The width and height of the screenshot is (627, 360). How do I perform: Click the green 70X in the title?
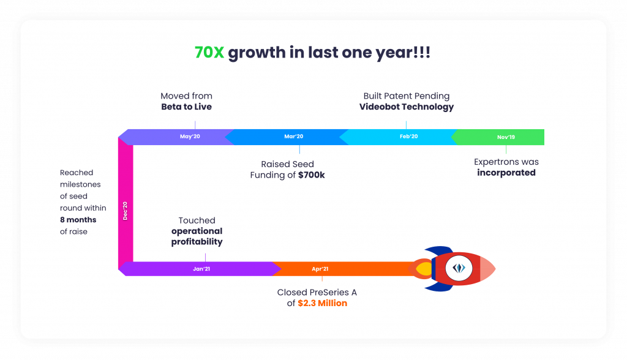[209, 53]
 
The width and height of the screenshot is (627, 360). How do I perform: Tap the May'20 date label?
[190, 137]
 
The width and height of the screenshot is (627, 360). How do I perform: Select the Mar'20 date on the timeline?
[293, 137]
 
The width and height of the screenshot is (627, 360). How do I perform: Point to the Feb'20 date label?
[408, 137]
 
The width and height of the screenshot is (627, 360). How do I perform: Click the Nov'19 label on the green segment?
[506, 137]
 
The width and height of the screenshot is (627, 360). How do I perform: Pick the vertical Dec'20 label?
[125, 211]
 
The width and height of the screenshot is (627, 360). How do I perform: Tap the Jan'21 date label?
[201, 269]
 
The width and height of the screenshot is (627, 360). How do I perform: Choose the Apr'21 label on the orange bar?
[320, 269]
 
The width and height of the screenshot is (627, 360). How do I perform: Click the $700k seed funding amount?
[312, 175]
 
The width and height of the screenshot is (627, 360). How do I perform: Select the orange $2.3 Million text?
[322, 303]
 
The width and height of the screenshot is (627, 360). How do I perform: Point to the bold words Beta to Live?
[186, 107]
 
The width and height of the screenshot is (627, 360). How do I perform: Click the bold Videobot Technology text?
[407, 107]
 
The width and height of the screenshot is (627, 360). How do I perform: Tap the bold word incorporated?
[506, 173]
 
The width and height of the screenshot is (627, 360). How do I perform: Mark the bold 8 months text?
[78, 220]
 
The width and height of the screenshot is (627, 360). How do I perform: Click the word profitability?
[197, 242]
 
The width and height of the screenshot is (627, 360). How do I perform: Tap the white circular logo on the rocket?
[459, 268]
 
